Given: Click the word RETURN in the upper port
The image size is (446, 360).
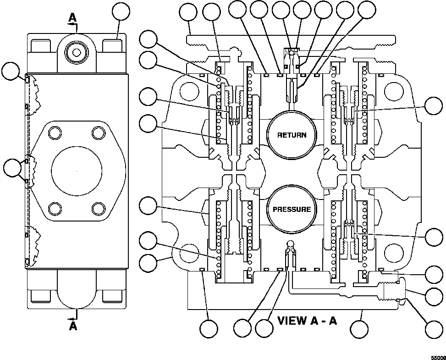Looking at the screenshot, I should pos(297,135).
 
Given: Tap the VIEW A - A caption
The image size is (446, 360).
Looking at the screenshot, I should pos(307,320).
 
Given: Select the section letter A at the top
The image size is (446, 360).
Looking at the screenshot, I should pos(72,17).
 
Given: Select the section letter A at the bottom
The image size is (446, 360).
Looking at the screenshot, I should pos(72,326).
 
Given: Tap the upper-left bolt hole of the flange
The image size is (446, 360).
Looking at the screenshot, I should pos(55,133).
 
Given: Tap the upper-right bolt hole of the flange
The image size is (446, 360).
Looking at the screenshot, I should pos(99,133).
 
